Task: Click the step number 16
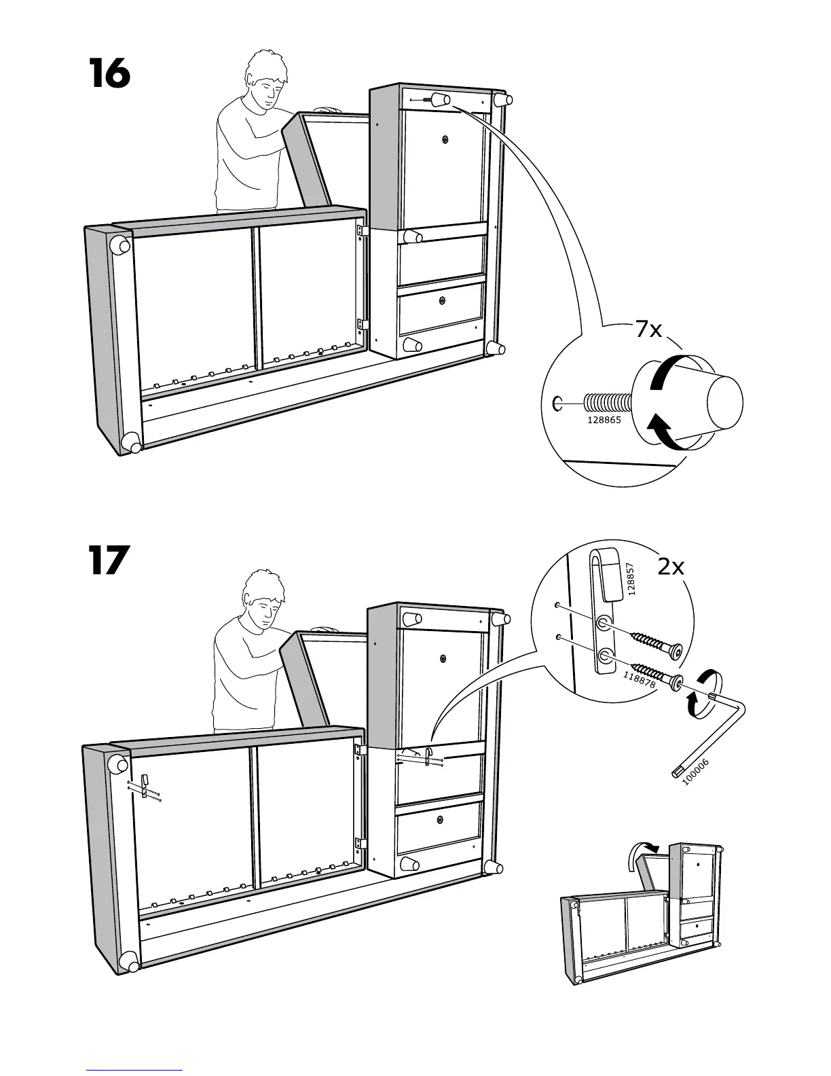tap(109, 74)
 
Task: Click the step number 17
tap(108, 560)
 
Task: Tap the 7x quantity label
tap(648, 330)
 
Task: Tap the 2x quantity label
tap(671, 566)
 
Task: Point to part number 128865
tap(604, 420)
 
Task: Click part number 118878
tap(639, 679)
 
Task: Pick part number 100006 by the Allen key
tap(695, 772)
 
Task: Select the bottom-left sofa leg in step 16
tap(131, 443)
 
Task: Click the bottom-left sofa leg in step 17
tap(130, 962)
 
